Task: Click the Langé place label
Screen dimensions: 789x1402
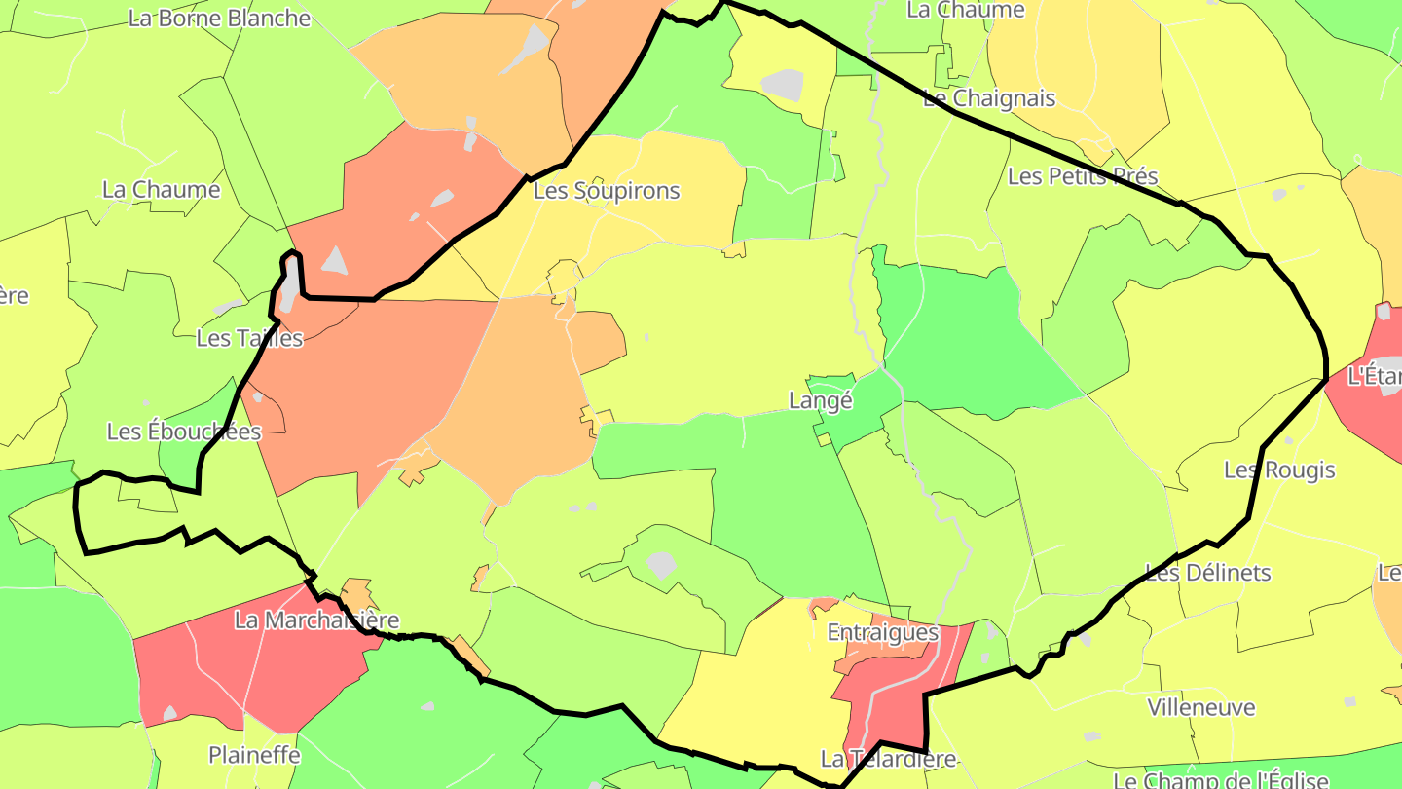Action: [820, 400]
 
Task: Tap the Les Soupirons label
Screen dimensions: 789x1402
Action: [607, 191]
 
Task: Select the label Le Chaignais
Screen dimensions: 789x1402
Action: [988, 98]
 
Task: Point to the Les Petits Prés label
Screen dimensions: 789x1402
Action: [1083, 176]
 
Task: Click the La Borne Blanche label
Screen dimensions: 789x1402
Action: [219, 19]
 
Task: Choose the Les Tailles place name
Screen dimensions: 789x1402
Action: [249, 338]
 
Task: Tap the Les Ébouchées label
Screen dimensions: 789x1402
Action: [184, 432]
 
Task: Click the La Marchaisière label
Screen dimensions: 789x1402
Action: [317, 620]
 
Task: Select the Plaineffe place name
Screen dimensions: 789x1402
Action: [254, 755]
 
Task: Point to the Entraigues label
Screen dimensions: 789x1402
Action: [883, 632]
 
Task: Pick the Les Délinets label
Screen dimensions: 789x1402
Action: [1207, 573]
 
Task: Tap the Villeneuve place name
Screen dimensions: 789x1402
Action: [1201, 707]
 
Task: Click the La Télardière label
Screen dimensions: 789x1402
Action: [889, 759]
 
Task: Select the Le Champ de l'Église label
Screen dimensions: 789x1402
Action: [1220, 780]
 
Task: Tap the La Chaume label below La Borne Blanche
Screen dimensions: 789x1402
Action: [162, 190]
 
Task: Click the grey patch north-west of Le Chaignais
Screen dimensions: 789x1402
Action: [783, 85]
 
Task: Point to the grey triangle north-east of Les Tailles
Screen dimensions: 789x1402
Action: [334, 260]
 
